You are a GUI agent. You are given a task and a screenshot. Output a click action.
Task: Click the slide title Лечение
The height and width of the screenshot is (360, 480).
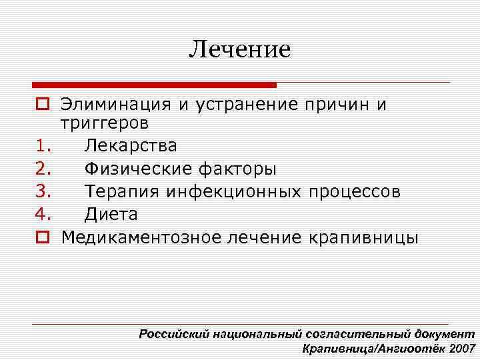point(240,49)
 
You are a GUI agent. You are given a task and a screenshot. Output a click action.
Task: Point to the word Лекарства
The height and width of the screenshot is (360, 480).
point(131,145)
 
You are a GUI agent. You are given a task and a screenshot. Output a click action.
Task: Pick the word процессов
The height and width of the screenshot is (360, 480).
point(355,192)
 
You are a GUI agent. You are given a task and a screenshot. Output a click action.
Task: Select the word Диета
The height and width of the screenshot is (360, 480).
point(111,215)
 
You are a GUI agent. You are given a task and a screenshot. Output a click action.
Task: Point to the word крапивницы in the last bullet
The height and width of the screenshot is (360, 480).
point(364,237)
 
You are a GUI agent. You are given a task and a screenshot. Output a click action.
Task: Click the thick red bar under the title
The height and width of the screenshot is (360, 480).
point(154,85)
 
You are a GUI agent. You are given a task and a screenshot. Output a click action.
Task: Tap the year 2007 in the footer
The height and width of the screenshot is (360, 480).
point(463,348)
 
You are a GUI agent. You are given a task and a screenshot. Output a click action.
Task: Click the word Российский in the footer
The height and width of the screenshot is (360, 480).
point(175,334)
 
